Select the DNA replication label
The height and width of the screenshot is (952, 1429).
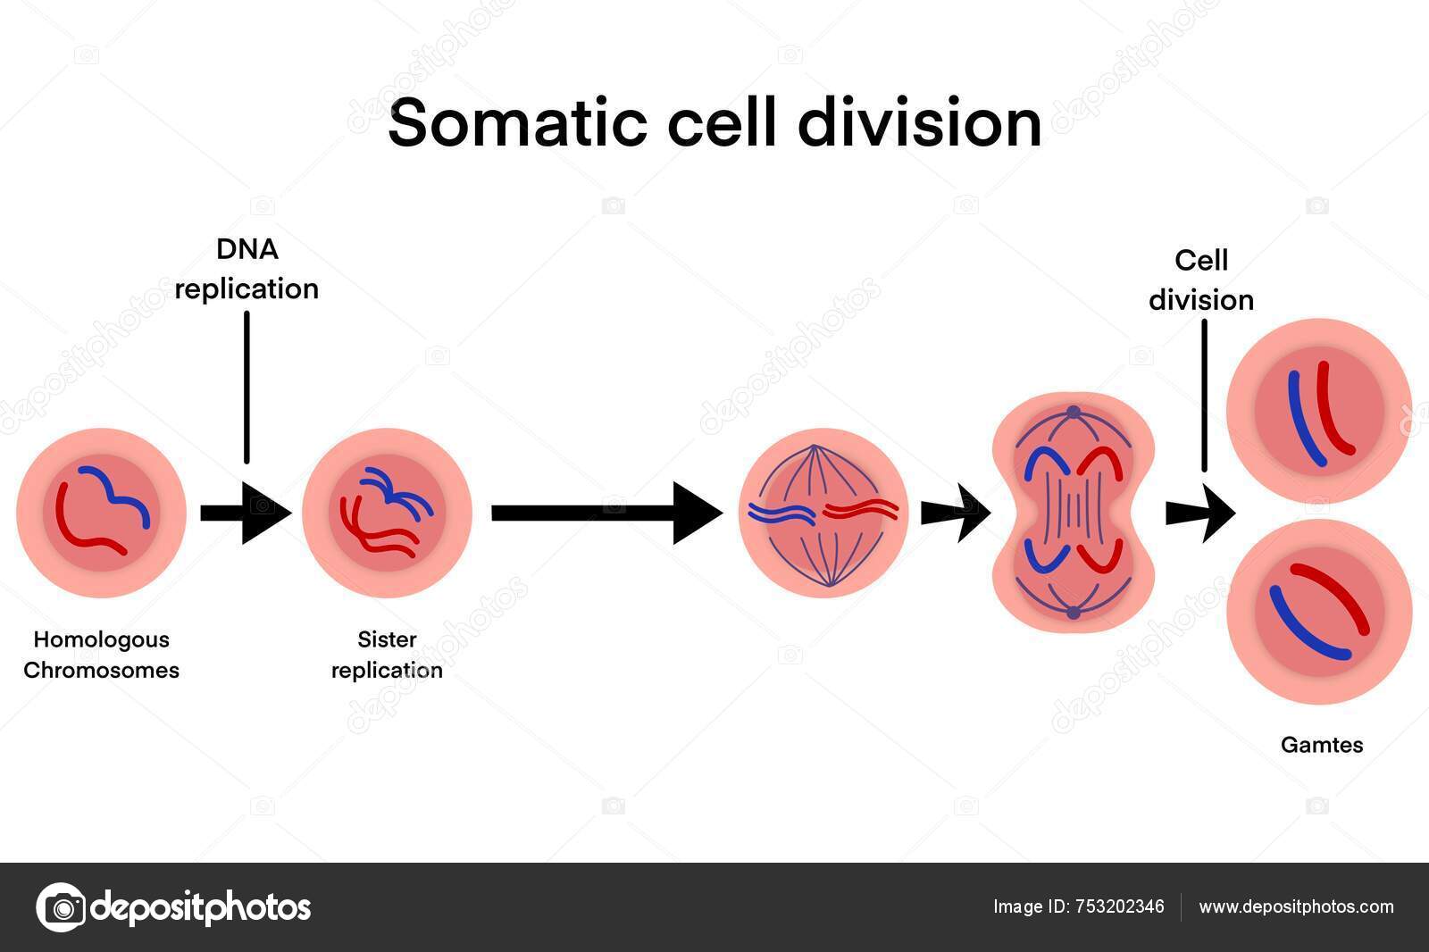(x=247, y=269)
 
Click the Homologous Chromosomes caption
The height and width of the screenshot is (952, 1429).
(x=101, y=655)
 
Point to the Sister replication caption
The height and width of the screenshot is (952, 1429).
(x=387, y=655)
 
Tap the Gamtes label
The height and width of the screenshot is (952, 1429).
(x=1322, y=745)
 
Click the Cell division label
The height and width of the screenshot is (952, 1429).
(x=1201, y=280)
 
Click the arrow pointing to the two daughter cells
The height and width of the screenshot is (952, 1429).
(x=1200, y=514)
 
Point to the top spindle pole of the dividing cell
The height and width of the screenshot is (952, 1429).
(x=1074, y=413)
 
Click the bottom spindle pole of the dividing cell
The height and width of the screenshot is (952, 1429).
(x=1074, y=613)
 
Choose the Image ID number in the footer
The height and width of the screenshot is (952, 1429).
(x=1119, y=907)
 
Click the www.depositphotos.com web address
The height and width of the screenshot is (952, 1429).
(x=1295, y=907)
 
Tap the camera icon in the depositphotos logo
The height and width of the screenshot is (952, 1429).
(x=61, y=907)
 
